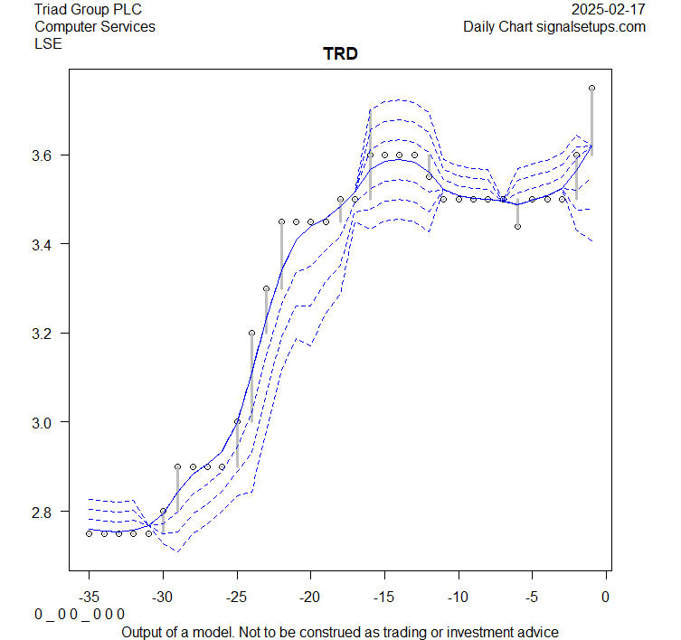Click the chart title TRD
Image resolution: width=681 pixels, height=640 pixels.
point(340,53)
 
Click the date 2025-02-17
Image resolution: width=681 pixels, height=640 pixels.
point(610,9)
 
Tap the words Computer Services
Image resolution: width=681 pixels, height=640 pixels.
point(94,26)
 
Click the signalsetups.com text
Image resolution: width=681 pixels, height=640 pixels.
point(593,26)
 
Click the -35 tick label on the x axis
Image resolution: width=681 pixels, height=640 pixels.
point(89,597)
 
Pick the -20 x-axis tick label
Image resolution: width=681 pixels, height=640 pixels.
point(310,597)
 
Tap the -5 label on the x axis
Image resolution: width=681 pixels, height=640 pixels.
point(532,597)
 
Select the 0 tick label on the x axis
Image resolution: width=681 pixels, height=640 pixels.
point(606,597)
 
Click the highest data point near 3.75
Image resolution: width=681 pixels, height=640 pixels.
point(591,88)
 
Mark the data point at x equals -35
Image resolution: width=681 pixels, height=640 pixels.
point(89,533)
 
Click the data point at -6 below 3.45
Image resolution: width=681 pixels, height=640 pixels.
point(517,226)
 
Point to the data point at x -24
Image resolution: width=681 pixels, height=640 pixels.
point(251,333)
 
